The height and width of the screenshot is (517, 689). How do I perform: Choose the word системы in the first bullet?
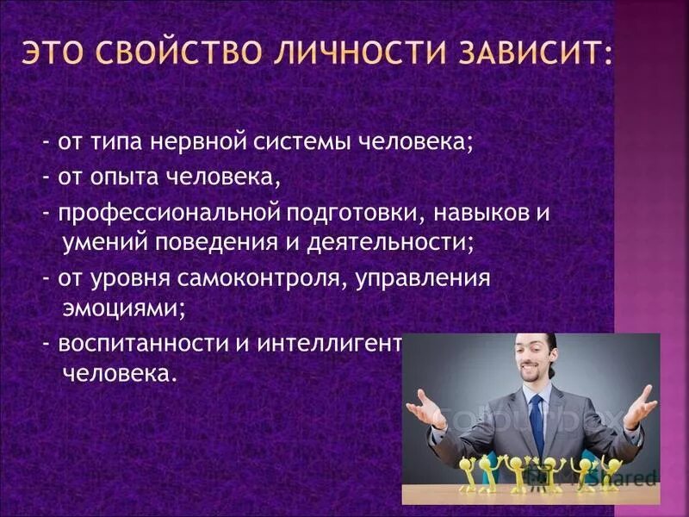304,142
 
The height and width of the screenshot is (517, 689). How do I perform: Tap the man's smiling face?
529,361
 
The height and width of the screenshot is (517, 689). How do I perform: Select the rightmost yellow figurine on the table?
611,472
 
